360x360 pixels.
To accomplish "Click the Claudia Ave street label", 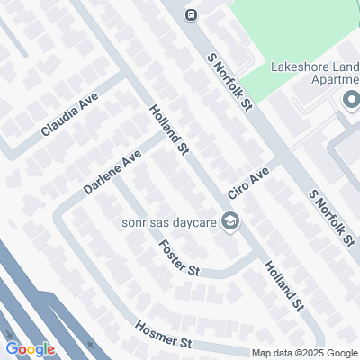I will pyautogui.click(x=68, y=116).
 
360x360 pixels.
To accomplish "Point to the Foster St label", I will pyautogui.click(x=177, y=258).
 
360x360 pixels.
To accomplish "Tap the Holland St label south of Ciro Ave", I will pyautogui.click(x=283, y=286).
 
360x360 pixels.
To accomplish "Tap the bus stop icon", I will pyautogui.click(x=191, y=14).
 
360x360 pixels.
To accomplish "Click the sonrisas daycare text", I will pyautogui.click(x=170, y=222).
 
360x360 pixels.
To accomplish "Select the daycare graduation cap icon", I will pyautogui.click(x=230, y=221).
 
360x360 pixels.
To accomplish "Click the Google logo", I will pyautogui.click(x=30, y=349).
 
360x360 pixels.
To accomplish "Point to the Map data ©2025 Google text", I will pyautogui.click(x=304, y=353).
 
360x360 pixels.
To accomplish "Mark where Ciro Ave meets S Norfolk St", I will pyautogui.click(x=285, y=160).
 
